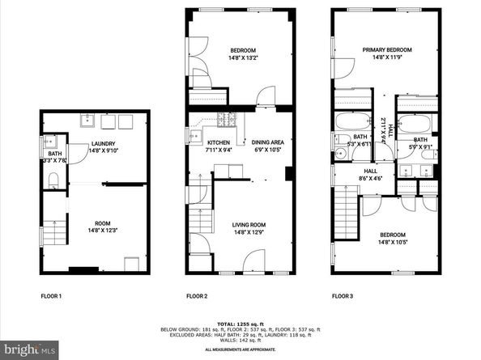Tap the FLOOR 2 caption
198,295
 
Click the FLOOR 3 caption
343,295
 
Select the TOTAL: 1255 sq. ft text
240,321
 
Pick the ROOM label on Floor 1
102,224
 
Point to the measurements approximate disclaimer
240,349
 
